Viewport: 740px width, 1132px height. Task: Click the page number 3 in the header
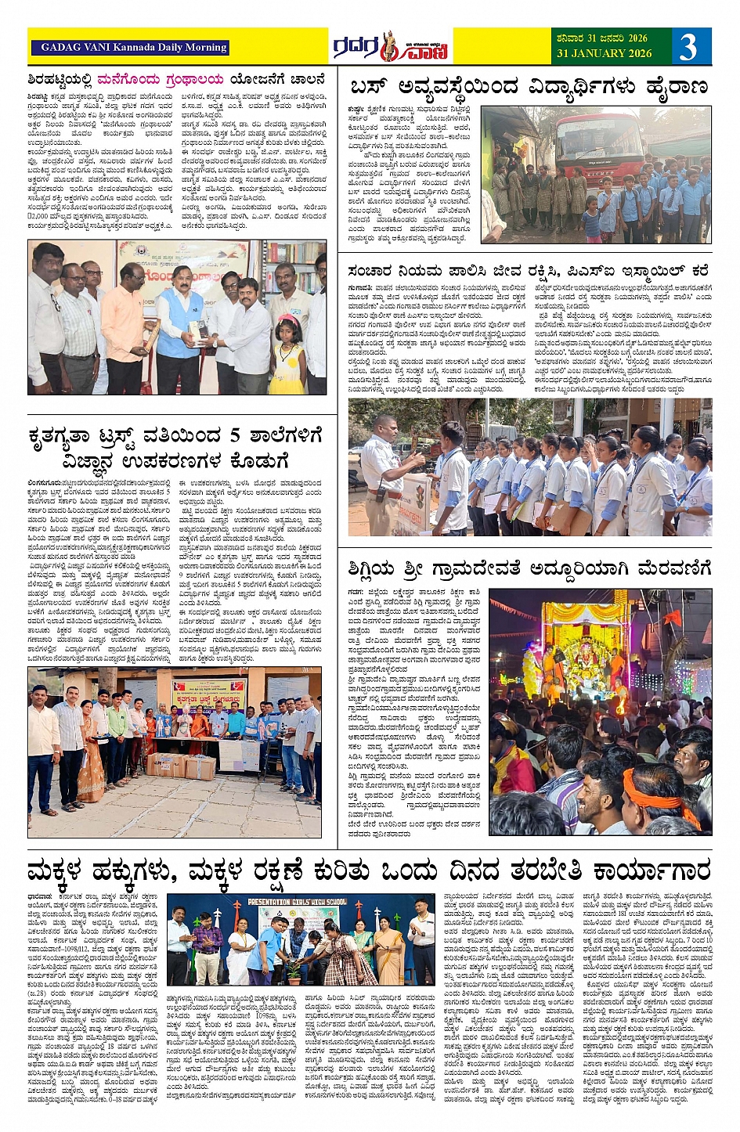tap(688, 46)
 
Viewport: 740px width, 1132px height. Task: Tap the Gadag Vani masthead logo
tap(390, 47)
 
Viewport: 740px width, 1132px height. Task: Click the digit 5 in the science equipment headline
tap(234, 436)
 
